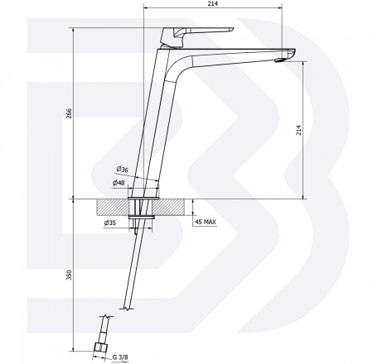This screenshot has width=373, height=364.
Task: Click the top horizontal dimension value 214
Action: point(213,3)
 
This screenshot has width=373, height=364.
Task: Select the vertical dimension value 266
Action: point(69,113)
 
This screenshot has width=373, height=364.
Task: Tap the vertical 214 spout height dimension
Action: point(299,130)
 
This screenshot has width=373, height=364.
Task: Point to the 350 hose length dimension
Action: point(69,275)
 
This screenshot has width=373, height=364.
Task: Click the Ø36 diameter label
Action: point(122,169)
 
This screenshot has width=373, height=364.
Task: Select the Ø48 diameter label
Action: point(119,182)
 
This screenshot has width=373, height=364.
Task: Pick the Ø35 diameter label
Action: point(110,223)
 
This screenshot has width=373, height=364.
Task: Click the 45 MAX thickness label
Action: point(206,222)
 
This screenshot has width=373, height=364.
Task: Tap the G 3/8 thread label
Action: point(120,357)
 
